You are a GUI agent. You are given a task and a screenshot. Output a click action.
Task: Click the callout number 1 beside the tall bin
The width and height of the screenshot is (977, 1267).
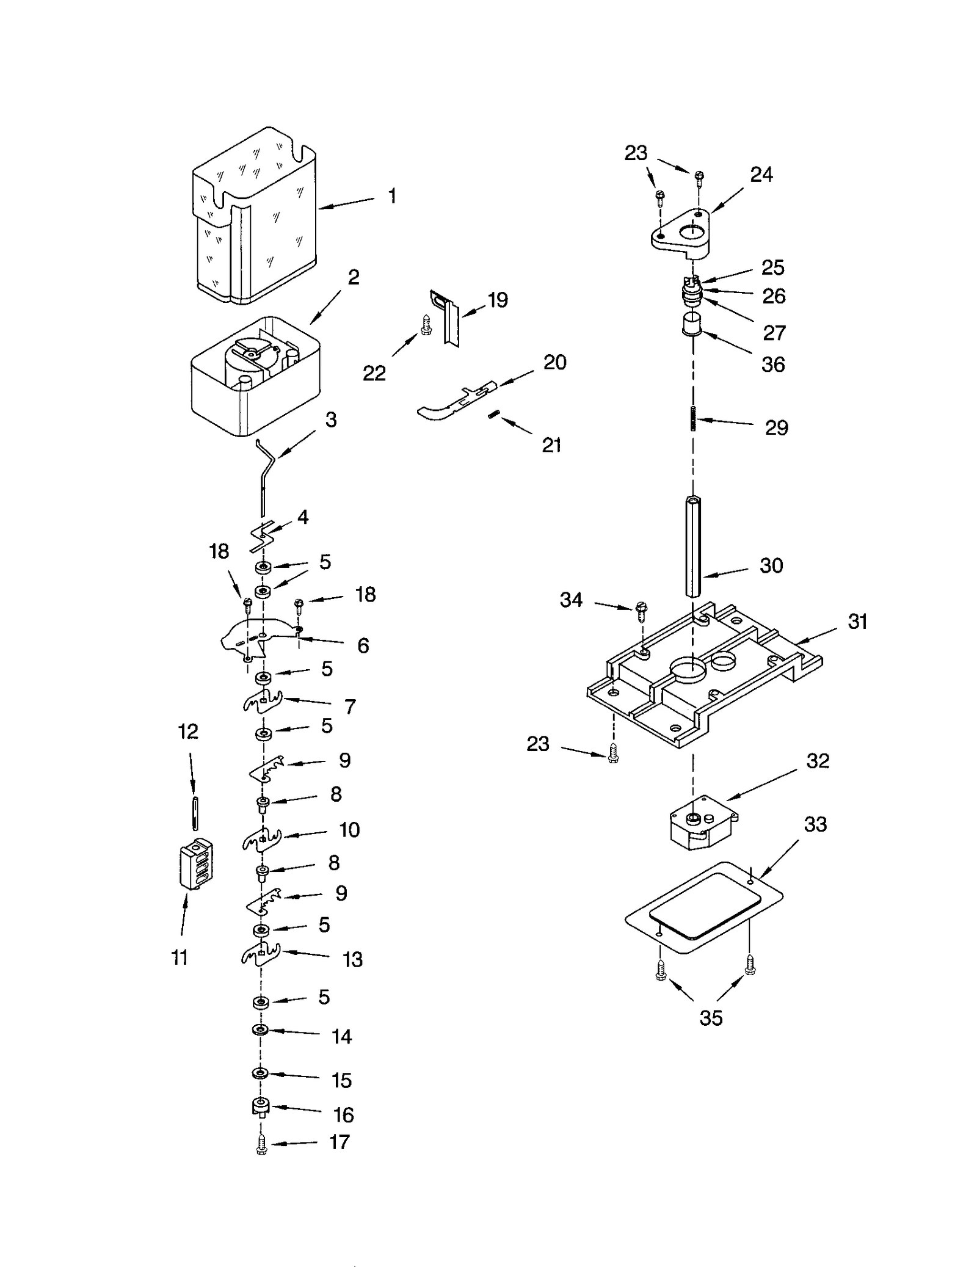point(392,196)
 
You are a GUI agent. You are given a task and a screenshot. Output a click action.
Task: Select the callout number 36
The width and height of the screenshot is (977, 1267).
point(772,365)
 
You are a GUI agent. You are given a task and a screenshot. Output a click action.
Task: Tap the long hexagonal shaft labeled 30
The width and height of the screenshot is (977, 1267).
point(692,546)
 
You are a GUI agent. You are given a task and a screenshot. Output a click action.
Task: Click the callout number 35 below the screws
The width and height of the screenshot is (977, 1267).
point(711,1018)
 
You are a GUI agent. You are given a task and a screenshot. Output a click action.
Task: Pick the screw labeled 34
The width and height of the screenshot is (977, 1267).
point(641,610)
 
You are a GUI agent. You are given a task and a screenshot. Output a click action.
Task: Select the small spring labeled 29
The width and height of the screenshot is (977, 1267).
point(693,418)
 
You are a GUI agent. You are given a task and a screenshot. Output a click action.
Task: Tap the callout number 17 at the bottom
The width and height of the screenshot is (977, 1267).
point(340,1142)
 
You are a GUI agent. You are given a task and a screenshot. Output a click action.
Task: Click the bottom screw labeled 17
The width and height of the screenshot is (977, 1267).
point(261,1145)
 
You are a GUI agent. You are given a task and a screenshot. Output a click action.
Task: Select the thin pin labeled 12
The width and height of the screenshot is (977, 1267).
point(194,813)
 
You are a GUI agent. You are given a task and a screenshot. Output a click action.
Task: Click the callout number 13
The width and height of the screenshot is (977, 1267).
point(352,959)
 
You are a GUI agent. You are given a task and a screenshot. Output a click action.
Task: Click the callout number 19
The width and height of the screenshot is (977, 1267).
point(498,300)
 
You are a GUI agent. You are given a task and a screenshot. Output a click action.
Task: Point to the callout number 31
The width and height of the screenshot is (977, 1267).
point(857,622)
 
